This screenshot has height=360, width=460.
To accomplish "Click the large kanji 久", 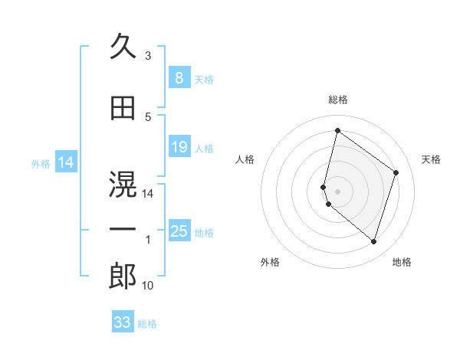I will click(123, 47).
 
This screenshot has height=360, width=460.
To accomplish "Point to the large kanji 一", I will click(123, 229).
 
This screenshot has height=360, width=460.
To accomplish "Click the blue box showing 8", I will click(179, 78).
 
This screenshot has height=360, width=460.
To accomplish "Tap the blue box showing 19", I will click(179, 147).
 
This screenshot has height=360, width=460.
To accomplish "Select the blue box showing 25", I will click(179, 231).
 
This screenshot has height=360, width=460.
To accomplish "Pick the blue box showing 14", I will click(66, 162).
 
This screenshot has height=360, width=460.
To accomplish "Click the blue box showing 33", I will click(122, 322).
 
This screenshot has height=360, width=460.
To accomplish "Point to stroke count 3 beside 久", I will click(147, 56).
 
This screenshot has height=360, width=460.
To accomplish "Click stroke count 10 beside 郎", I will click(148, 286).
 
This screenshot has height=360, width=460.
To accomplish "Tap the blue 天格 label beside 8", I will click(204, 80).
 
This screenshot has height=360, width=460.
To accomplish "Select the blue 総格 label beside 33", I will click(147, 324).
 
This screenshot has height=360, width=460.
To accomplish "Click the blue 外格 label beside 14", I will click(41, 163).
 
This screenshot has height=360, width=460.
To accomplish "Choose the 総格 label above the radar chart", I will click(337, 100).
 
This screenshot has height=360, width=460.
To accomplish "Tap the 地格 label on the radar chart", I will click(402, 262).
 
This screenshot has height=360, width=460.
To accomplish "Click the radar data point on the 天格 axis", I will click(396, 172).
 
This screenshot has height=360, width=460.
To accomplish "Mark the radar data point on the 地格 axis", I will click(373, 241).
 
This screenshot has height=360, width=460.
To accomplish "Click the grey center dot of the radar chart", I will click(337, 191).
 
